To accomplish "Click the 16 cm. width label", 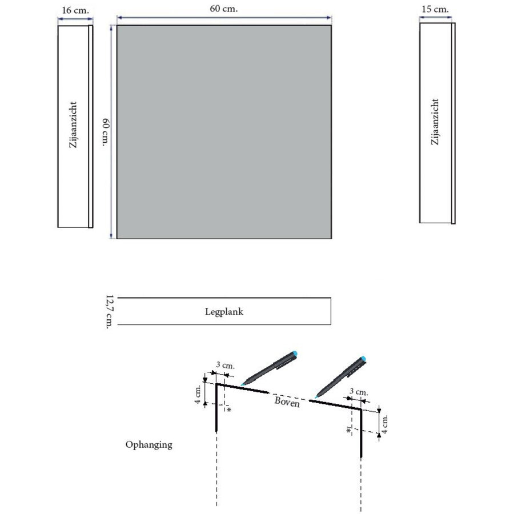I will coord(74,11).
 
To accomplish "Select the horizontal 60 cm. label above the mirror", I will coord(224,9).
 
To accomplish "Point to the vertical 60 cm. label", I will coord(105,132).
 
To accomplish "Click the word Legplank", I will coord(224,312).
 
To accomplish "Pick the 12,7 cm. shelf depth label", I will coord(109,312).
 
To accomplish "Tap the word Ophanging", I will coord(148,444).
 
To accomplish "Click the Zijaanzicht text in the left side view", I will coord(73,127).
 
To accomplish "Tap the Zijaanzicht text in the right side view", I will coord(436,122).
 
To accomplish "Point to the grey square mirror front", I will coord(224,131).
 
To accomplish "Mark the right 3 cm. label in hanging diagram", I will coord(359,392).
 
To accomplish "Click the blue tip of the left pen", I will coord(295,354).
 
